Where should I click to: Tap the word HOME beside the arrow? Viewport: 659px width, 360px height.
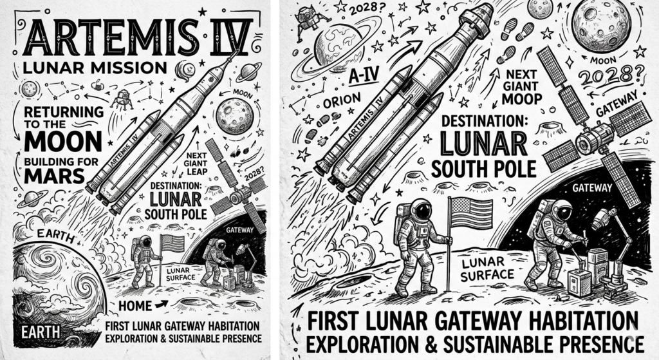pyautogui.click(x=135, y=305)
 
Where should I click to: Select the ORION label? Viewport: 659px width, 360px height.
pyautogui.click(x=342, y=101)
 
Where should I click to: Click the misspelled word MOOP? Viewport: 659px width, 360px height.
pyautogui.click(x=521, y=99)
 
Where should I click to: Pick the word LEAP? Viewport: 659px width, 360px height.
pyautogui.click(x=196, y=171)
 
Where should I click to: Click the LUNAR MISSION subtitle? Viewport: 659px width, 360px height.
pyautogui.click(x=95, y=67)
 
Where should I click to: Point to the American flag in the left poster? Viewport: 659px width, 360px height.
pyautogui.click(x=172, y=243)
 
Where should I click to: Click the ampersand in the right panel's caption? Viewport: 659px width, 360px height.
pyautogui.click(x=429, y=344)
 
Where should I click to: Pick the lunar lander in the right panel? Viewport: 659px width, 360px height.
pyautogui.click(x=306, y=16)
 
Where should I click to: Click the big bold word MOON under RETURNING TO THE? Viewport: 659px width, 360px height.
pyautogui.click(x=63, y=141)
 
